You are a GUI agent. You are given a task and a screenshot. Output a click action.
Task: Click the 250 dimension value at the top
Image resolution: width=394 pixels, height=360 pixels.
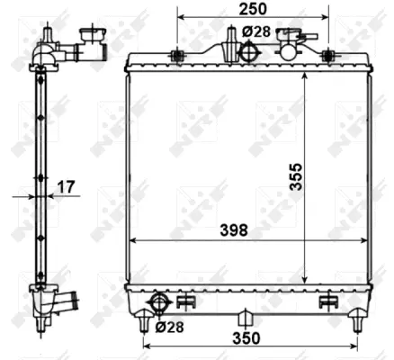[253, 9]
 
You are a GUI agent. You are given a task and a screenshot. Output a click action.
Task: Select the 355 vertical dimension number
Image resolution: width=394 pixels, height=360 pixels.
[296, 176]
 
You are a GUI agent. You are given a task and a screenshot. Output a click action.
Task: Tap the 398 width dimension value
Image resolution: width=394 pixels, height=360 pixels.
[234, 230]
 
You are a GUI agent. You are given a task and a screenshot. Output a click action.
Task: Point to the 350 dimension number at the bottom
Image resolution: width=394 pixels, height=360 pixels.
[246, 338]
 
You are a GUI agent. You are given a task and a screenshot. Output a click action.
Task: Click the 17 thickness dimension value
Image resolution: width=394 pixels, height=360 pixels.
[66, 187]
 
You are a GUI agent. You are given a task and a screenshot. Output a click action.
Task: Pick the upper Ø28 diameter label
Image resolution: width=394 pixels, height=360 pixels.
[256, 31]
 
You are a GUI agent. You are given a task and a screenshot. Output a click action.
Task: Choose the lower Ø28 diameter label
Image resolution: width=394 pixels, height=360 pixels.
[169, 328]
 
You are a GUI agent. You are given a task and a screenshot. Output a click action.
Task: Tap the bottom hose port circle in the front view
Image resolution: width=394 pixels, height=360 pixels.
[159, 302]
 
